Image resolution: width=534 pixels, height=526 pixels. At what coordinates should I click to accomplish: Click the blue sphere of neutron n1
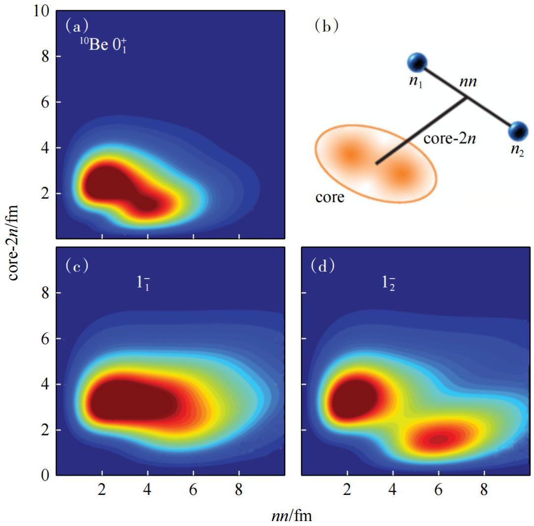[417, 63]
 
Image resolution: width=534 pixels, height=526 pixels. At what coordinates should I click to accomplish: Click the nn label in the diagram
[467, 82]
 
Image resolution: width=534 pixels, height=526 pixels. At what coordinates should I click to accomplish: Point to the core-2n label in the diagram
[449, 138]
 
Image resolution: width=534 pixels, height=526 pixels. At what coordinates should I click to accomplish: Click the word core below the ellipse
[330, 198]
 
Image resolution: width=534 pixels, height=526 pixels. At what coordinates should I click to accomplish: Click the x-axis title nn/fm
[292, 517]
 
